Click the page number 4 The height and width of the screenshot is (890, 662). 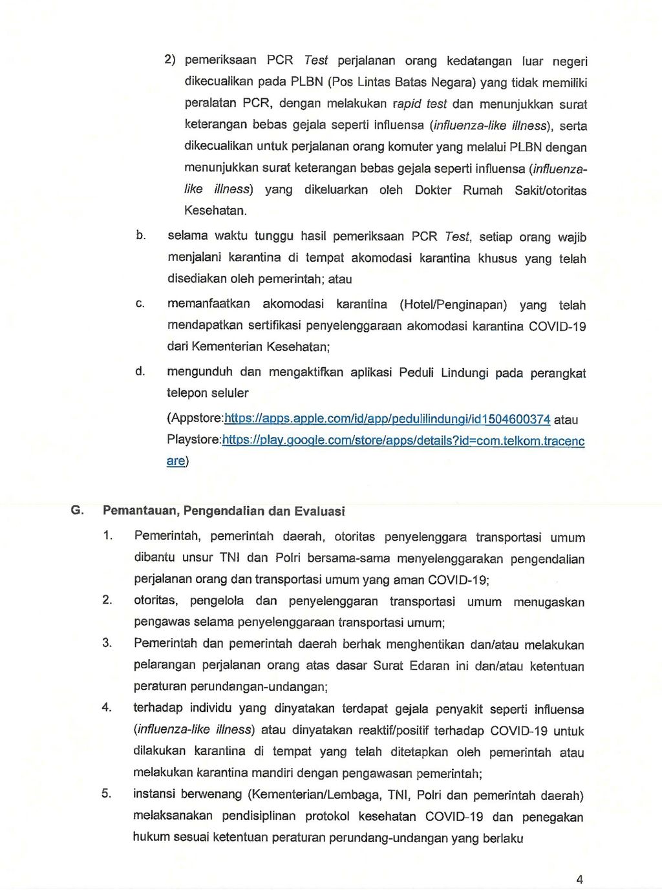point(579,879)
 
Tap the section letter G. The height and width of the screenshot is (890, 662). point(77,510)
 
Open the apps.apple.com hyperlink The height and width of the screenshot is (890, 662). point(387,419)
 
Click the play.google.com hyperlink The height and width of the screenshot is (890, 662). point(403,441)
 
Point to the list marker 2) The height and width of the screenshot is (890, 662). point(170,59)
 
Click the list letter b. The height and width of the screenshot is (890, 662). point(140,235)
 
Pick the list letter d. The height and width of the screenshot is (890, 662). point(140,371)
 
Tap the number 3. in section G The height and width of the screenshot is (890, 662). point(107,642)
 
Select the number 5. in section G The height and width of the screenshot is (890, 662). point(107,793)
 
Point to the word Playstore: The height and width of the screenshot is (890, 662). point(194,440)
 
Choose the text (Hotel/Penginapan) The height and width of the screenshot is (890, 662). point(453,304)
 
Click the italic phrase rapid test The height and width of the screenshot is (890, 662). point(420,103)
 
